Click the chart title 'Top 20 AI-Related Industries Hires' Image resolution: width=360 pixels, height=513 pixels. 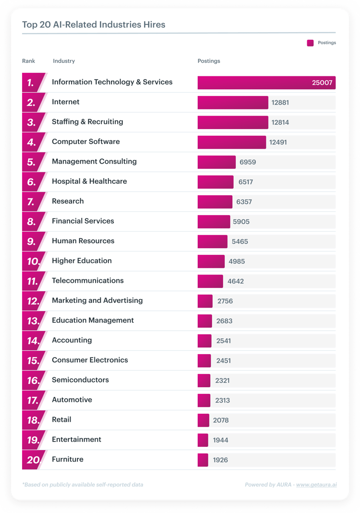pyautogui.click(x=94, y=24)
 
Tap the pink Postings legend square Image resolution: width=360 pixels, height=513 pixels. pyautogui.click(x=310, y=43)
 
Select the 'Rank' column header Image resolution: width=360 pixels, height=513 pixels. pyautogui.click(x=29, y=61)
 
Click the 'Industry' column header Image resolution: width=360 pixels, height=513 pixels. pyautogui.click(x=64, y=61)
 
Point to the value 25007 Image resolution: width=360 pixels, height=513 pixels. pyautogui.click(x=322, y=83)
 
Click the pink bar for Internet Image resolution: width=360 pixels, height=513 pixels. pyautogui.click(x=233, y=102)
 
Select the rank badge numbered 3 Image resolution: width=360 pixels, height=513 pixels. pyautogui.click(x=32, y=122)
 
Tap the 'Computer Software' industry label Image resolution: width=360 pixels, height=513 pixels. pyautogui.click(x=86, y=142)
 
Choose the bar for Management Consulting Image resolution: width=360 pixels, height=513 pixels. pyautogui.click(x=216, y=162)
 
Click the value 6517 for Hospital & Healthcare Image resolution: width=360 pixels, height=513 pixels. pyautogui.click(x=246, y=182)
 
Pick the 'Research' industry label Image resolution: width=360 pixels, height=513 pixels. pyautogui.click(x=68, y=201)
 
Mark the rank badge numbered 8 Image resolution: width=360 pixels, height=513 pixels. pyautogui.click(x=32, y=222)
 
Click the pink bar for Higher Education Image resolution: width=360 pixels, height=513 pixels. pyautogui.click(x=211, y=261)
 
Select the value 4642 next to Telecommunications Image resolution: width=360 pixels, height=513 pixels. pyautogui.click(x=236, y=281)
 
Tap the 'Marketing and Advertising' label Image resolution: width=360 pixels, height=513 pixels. pyautogui.click(x=97, y=300)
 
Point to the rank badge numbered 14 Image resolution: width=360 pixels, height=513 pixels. pyautogui.click(x=32, y=341)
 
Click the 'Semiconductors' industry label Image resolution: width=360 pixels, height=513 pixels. pyautogui.click(x=80, y=380)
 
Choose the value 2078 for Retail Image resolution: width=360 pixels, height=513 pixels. pyautogui.click(x=221, y=420)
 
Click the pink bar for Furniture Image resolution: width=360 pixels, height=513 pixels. pyautogui.click(x=203, y=460)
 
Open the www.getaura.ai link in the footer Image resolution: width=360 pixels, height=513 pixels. pyautogui.click(x=316, y=485)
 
